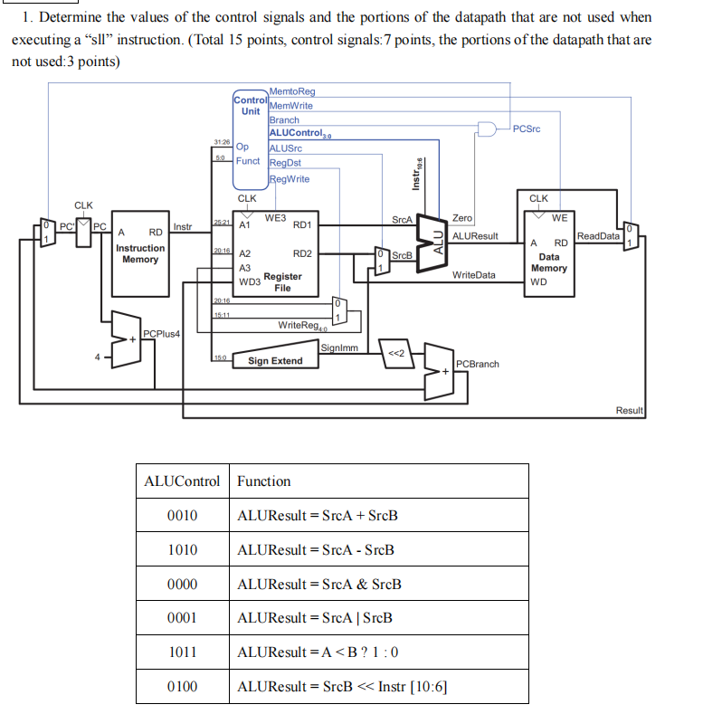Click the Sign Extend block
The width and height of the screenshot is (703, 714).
coord(275,361)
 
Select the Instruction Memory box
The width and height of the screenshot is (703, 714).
coord(140,254)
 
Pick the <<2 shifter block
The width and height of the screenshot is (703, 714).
coord(394,352)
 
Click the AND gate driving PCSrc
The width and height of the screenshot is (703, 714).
coord(488,129)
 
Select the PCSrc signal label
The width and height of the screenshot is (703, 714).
coord(526,129)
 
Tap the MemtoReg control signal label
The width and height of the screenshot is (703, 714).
coord(292,91)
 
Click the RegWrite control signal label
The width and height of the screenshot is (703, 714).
coord(290,178)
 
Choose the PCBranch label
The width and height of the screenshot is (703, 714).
coord(477,364)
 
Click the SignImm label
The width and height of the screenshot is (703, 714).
coord(339,347)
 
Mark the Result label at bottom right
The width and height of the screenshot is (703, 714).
coord(629,410)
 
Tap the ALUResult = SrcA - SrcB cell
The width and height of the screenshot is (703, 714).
coord(315,550)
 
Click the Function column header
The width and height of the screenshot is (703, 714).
coord(263,481)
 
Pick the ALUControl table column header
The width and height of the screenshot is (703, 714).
coord(182,481)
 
